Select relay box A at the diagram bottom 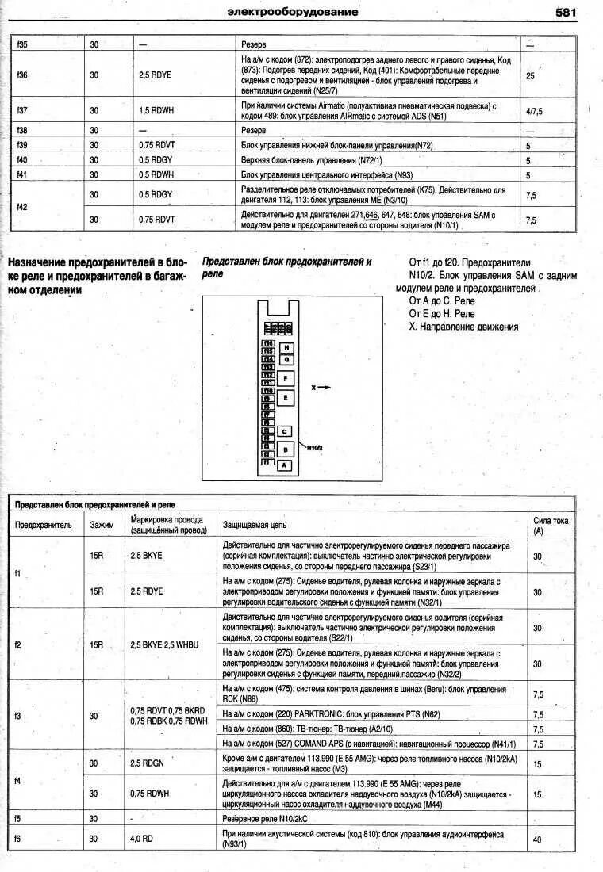[x=283, y=465]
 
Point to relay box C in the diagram [x=284, y=431]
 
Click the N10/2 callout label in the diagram [x=315, y=447]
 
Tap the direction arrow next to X [x=325, y=387]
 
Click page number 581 [x=566, y=12]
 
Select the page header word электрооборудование [x=292, y=12]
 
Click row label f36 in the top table [x=22, y=75]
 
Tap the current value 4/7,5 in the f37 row [x=534, y=112]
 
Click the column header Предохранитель [x=44, y=524]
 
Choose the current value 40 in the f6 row [x=537, y=839]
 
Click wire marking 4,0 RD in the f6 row [x=143, y=839]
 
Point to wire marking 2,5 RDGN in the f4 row [x=147, y=763]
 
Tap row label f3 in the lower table [x=20, y=716]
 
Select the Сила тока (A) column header [x=550, y=525]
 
